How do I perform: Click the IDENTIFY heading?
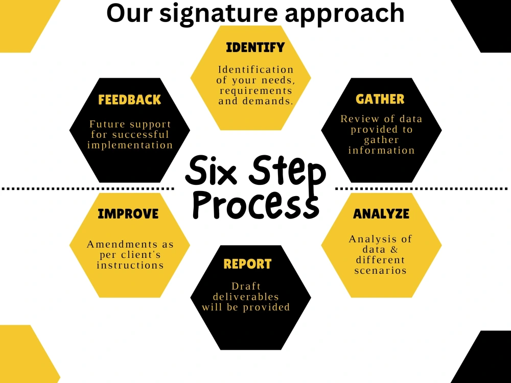point(255,47)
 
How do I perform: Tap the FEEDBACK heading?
point(130,100)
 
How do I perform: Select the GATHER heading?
point(380,99)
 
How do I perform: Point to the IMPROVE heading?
point(128,214)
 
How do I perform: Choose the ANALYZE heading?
point(381,214)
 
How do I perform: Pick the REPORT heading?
point(247,264)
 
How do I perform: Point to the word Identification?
point(256,69)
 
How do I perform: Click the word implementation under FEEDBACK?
point(130,145)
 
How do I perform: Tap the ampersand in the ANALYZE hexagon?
point(394,250)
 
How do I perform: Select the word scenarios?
point(381,271)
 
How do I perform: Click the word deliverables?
point(246,297)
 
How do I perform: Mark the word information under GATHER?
point(382,150)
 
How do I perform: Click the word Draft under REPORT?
point(246,286)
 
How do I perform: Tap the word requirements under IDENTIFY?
point(256,91)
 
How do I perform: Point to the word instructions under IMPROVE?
point(130,265)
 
